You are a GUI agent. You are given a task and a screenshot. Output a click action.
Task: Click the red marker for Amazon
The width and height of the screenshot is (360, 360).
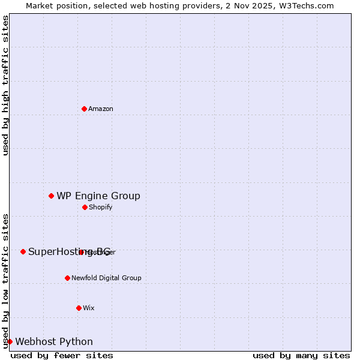click(x=84, y=109)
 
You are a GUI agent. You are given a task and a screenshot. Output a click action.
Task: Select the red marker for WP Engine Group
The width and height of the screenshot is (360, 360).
click(x=51, y=196)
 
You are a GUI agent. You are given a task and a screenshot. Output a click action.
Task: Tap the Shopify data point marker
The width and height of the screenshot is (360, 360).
click(x=85, y=207)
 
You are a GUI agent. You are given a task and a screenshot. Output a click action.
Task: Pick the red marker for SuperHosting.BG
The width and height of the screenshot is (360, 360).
click(x=23, y=251)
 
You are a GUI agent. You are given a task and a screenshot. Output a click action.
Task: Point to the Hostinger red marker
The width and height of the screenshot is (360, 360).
click(x=81, y=252)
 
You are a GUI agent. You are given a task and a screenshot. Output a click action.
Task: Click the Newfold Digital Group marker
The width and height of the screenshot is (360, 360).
click(x=67, y=278)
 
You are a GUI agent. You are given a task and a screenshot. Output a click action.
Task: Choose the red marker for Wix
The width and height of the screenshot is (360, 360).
click(x=79, y=308)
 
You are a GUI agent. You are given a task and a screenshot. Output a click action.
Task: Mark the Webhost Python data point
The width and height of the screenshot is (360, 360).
click(x=10, y=341)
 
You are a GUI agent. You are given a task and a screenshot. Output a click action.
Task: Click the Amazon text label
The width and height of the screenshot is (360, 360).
click(x=101, y=109)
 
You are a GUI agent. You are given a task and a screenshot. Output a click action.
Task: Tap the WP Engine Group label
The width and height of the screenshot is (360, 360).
click(x=98, y=196)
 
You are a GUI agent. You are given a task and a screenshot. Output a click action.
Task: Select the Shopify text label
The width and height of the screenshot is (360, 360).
click(x=101, y=207)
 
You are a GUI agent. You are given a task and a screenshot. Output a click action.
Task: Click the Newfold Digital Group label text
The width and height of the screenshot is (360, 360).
click(x=106, y=278)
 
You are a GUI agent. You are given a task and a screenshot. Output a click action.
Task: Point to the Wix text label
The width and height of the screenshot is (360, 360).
click(x=89, y=308)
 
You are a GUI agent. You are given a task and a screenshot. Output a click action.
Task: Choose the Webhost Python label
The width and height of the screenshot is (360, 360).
click(x=54, y=341)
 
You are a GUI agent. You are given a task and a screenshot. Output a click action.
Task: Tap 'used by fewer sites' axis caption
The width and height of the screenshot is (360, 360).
click(x=62, y=355)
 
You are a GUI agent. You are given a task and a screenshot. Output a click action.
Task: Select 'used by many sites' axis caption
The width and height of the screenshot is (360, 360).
click(x=301, y=355)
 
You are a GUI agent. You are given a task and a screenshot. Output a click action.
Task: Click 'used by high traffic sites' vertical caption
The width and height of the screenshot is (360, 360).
click(x=5, y=85)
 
